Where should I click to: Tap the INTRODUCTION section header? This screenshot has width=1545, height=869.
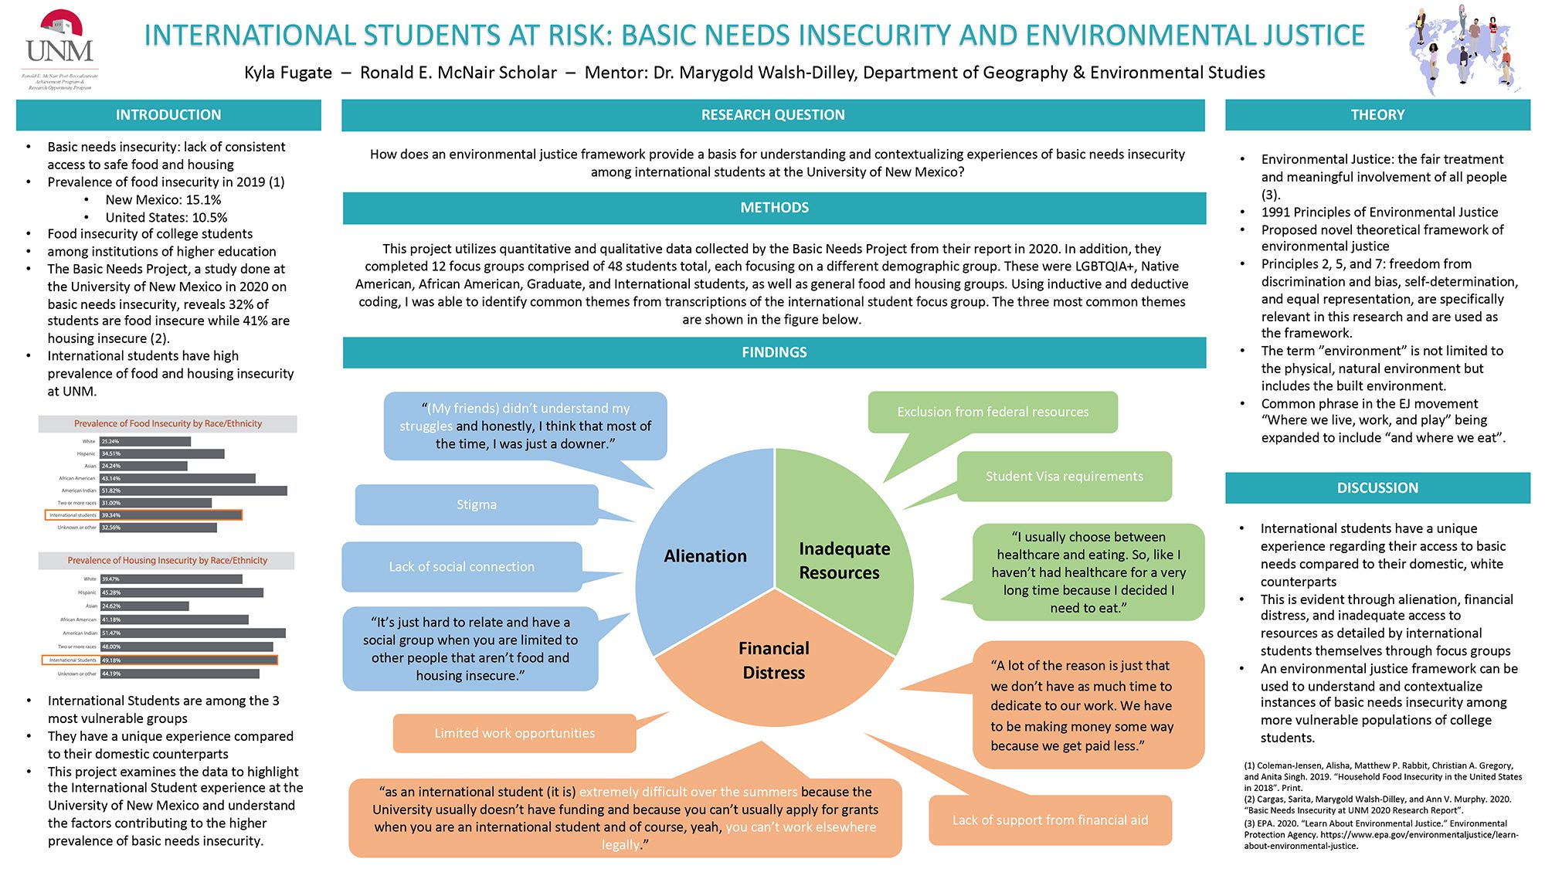coord(168,115)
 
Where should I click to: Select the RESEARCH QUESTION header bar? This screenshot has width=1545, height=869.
coord(772,115)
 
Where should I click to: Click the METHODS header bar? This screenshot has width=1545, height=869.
coord(774,208)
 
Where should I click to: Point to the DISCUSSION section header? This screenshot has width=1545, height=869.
coord(1377,488)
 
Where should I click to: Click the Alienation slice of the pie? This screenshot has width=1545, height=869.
coord(705,556)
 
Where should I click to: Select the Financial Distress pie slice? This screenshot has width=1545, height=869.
coord(774,660)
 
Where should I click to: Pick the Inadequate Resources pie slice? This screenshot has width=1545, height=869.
coord(844,560)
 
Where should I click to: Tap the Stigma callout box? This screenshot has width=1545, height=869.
coord(477,504)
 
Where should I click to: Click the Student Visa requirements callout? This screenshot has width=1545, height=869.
coord(1064,477)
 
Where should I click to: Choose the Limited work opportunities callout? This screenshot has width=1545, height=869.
coord(514,733)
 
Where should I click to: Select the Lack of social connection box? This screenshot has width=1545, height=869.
coord(461,567)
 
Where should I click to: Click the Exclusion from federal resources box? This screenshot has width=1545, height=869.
coord(993,412)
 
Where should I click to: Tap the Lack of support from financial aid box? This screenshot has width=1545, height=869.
coord(1050,820)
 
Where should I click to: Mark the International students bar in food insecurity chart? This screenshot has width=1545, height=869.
coord(171,515)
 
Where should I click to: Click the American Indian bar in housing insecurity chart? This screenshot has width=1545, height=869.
coord(192,633)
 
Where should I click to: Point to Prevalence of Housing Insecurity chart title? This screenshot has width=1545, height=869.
coord(167,561)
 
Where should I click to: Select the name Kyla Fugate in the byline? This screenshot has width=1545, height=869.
coord(288,73)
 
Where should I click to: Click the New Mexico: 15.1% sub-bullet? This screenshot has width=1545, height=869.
coord(163,200)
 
